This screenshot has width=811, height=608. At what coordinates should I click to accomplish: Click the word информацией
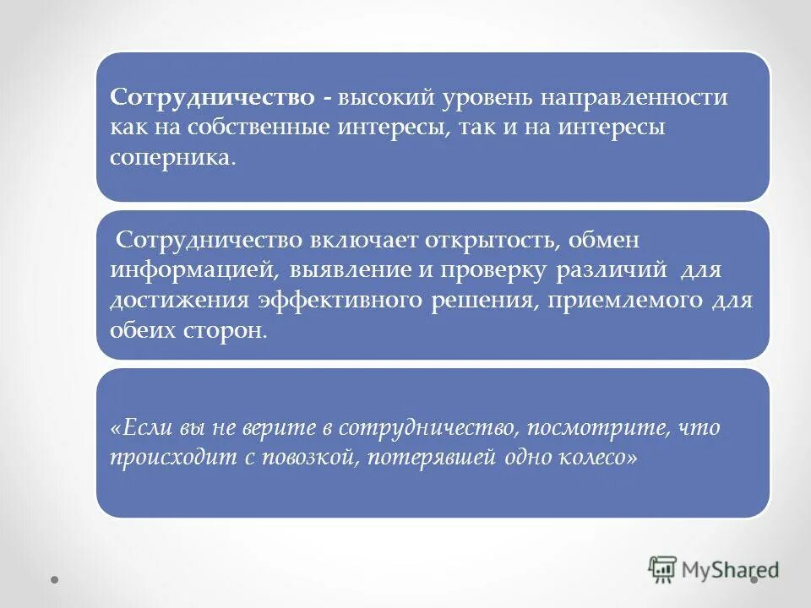point(192,270)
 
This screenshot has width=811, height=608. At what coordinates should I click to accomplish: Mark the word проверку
point(490,270)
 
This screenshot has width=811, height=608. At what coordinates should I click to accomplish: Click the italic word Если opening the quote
point(144,427)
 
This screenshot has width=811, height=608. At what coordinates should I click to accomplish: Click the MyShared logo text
point(731,570)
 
